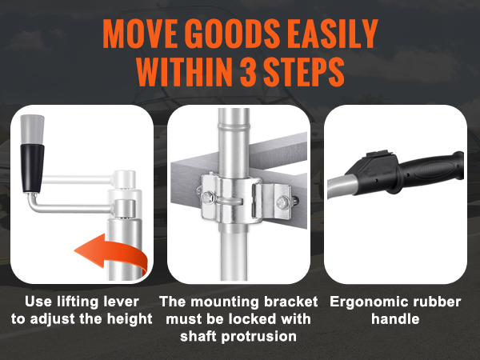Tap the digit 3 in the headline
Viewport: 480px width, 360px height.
click(248, 72)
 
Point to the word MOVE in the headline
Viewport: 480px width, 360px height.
click(140, 34)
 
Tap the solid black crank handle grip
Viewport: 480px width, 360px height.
click(32, 168)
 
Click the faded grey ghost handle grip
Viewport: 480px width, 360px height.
click(32, 129)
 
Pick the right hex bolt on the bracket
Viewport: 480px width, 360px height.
click(282, 202)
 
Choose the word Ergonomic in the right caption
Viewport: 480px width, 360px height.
click(368, 302)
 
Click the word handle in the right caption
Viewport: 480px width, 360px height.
click(395, 319)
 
